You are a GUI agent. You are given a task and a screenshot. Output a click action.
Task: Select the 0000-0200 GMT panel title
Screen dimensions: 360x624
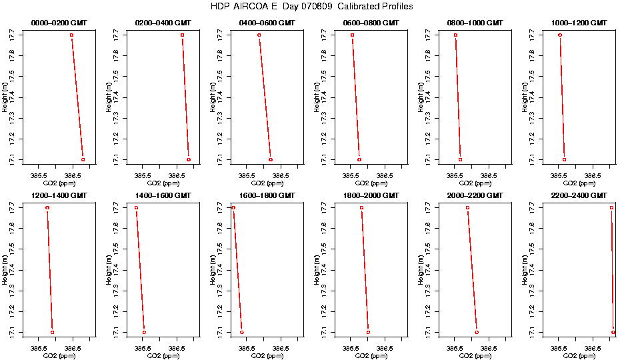pyautogui.click(x=60, y=23)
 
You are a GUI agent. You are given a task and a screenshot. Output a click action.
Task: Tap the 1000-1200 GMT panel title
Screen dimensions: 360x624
pyautogui.click(x=580, y=23)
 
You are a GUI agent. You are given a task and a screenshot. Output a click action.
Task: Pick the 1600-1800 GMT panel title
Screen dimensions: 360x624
pyautogui.click(x=267, y=195)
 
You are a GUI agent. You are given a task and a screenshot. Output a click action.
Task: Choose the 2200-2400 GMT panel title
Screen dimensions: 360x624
pyautogui.click(x=580, y=195)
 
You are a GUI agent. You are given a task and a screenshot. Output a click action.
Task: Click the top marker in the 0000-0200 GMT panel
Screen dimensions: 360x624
pyautogui.click(x=71, y=35)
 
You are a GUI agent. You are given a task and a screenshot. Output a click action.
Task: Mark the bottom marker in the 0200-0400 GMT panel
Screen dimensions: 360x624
pyautogui.click(x=189, y=160)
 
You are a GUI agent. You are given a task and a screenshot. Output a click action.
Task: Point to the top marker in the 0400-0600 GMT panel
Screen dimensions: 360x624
pyautogui.click(x=259, y=35)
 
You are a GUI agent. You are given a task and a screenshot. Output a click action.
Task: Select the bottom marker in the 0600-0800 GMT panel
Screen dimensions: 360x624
pyautogui.click(x=359, y=160)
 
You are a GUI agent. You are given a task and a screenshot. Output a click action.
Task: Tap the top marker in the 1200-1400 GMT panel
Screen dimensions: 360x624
pyautogui.click(x=47, y=208)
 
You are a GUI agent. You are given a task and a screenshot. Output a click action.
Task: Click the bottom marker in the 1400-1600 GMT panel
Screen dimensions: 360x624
pyautogui.click(x=144, y=332)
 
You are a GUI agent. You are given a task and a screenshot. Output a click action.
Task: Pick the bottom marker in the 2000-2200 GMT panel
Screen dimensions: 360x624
pyautogui.click(x=477, y=332)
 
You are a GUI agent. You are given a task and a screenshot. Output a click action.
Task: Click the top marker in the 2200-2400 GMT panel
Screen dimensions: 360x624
pyautogui.click(x=611, y=208)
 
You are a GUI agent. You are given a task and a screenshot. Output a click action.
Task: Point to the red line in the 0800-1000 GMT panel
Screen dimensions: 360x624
pyautogui.click(x=458, y=97)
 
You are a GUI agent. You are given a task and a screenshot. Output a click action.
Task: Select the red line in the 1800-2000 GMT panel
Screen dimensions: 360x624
pyautogui.click(x=365, y=270)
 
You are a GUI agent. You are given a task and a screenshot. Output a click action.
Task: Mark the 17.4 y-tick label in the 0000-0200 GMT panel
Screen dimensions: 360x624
pyautogui.click(x=11, y=97)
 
